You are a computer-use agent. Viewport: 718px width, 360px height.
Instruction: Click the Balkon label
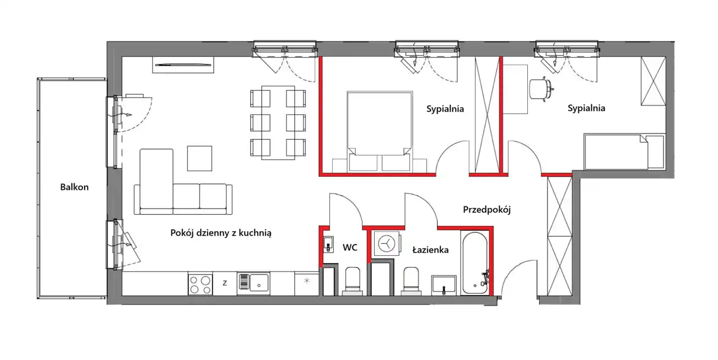75,187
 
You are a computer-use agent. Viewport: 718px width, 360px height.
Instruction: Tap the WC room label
349,248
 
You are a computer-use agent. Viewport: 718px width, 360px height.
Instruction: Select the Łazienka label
430,250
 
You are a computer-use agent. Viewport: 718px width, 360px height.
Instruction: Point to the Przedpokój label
486,210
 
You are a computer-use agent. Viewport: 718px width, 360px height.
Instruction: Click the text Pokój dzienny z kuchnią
221,233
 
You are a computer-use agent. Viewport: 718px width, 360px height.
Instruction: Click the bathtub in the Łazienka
475,264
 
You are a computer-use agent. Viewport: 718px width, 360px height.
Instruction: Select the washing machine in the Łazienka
387,243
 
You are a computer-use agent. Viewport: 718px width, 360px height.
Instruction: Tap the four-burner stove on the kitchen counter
200,284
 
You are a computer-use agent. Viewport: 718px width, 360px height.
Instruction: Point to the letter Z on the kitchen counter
225,283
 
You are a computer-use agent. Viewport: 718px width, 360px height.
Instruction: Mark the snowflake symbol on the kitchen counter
307,281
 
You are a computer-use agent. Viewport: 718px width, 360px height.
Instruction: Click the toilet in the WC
353,281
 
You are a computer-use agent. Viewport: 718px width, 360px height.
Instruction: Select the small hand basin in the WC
328,245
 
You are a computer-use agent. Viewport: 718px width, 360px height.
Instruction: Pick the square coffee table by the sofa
200,159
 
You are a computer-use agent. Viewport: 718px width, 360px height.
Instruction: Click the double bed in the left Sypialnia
380,132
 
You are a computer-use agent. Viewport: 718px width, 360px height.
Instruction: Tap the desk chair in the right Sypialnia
541,89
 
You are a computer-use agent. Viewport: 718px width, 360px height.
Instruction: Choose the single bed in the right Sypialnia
624,151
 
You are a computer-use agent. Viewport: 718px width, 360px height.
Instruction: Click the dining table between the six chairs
278,123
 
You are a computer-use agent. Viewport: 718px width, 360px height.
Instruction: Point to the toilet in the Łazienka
411,281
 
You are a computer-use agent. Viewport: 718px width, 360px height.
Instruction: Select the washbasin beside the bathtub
444,285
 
